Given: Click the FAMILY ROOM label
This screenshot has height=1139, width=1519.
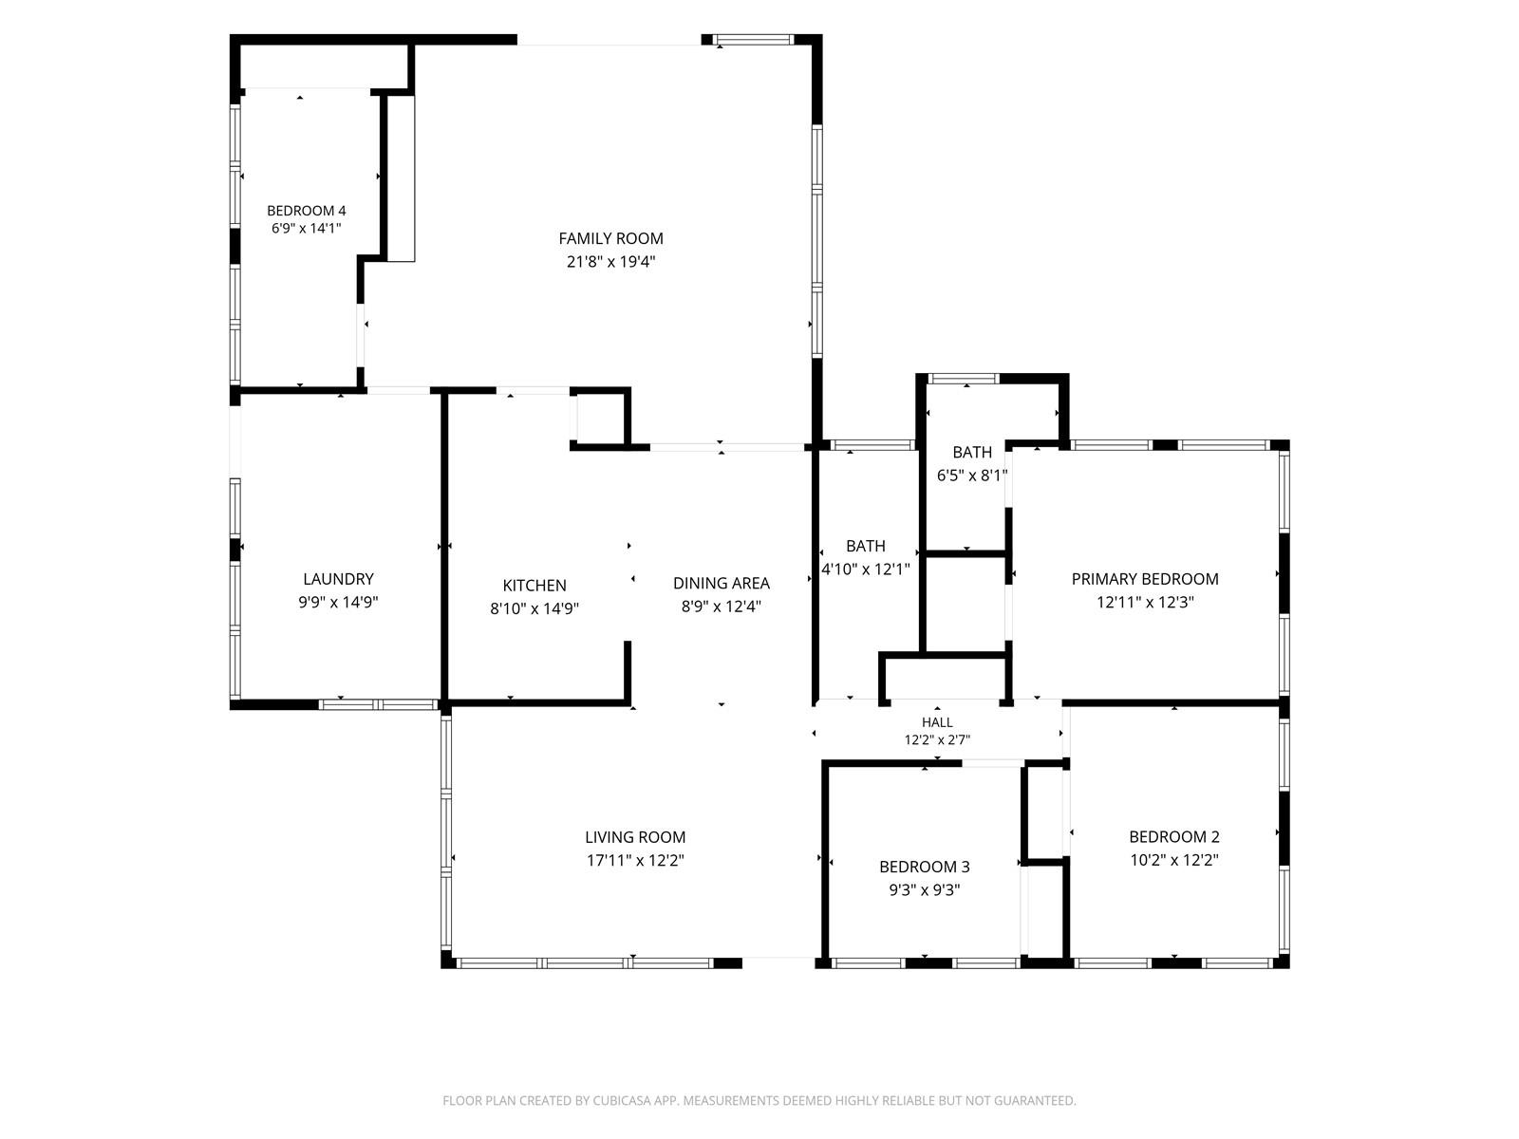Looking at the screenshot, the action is click(610, 238).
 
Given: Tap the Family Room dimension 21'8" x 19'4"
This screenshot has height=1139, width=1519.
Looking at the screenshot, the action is click(610, 261).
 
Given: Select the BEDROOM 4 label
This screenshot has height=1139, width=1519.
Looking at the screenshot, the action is click(307, 211).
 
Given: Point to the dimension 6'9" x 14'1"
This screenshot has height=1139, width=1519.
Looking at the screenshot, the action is click(307, 228).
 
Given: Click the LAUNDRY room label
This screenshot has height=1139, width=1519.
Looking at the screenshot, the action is click(338, 579).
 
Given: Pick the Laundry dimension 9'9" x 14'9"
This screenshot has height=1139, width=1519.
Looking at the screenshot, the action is click(338, 602).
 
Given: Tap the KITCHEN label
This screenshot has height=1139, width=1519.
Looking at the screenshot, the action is click(534, 586).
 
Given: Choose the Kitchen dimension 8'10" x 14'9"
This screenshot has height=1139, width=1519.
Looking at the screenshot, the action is click(534, 608).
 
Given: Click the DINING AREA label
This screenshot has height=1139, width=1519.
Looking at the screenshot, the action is click(722, 583).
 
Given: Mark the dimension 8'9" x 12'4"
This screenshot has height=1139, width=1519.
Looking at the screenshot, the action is click(722, 606).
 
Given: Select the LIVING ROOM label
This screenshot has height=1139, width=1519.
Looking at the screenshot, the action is click(635, 837).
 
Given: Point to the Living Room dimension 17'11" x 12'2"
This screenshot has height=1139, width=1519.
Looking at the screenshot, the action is click(635, 860).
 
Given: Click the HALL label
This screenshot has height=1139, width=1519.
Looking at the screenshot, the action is click(937, 722).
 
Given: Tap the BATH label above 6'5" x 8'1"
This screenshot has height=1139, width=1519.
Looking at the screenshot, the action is click(972, 453).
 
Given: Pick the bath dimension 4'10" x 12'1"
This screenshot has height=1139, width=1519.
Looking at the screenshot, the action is click(866, 569).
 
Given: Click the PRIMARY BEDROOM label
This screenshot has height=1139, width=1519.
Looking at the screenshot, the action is click(1145, 579).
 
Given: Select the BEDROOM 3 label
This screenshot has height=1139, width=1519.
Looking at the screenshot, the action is click(925, 867).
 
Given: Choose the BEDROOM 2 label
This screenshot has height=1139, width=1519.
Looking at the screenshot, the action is click(1174, 837).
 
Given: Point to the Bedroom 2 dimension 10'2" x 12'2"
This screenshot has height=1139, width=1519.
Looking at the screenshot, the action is click(1174, 860).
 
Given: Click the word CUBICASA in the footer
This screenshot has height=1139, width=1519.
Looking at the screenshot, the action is click(622, 1100).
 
